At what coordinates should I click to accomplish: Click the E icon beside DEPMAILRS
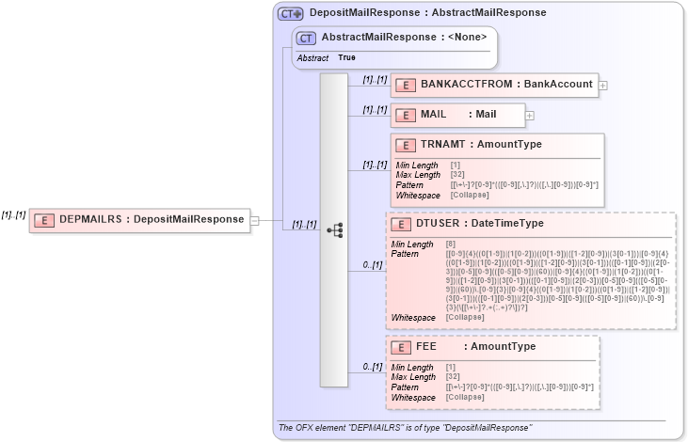pos(43,220)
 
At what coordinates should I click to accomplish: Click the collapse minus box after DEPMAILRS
pos(255,220)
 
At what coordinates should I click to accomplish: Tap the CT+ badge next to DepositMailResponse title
pos(290,13)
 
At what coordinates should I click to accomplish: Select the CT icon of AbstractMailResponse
pos(306,38)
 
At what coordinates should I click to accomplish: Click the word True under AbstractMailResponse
pos(347,58)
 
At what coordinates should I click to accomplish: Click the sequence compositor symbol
pos(333,229)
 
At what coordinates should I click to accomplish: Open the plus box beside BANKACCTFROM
pos(603,85)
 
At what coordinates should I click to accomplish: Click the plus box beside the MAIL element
pos(529,116)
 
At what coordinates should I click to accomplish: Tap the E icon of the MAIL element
pos(405,115)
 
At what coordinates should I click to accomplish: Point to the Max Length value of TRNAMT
pos(458,174)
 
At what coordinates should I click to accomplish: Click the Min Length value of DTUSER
pos(452,245)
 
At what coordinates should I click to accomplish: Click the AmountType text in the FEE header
pos(503,347)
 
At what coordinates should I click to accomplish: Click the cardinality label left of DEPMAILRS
pos(12,215)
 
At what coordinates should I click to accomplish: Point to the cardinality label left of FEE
pos(373,367)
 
